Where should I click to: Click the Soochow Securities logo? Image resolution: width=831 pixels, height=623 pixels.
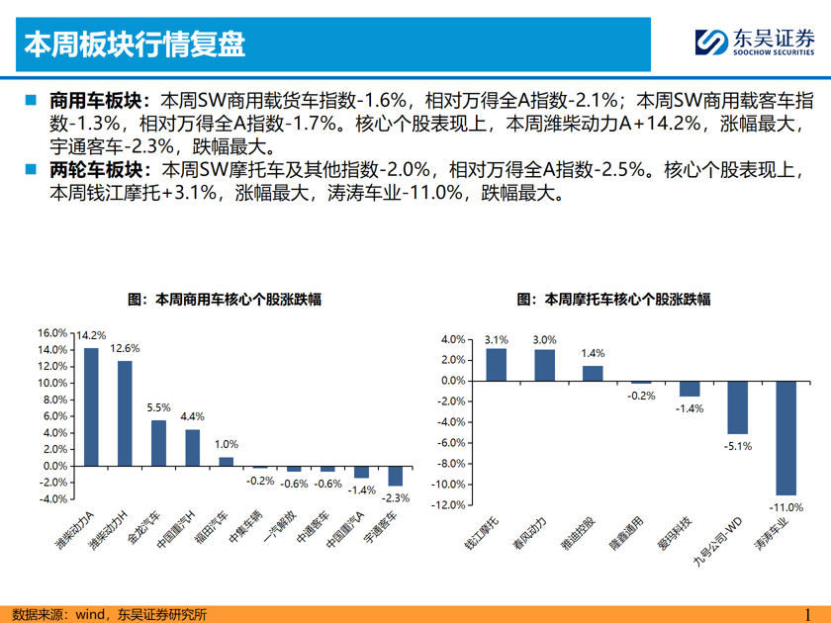tap(754, 43)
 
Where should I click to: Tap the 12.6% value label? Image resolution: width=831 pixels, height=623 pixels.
tap(125, 348)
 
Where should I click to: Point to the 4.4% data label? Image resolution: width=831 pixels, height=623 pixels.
tap(192, 416)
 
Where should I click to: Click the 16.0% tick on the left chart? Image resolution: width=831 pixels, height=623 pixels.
tap(53, 333)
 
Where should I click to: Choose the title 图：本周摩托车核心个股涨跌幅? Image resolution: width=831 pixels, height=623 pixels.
tap(613, 298)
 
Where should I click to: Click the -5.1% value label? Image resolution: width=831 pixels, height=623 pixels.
tap(738, 447)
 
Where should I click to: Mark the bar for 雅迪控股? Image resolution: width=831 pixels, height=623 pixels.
tap(593, 373)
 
